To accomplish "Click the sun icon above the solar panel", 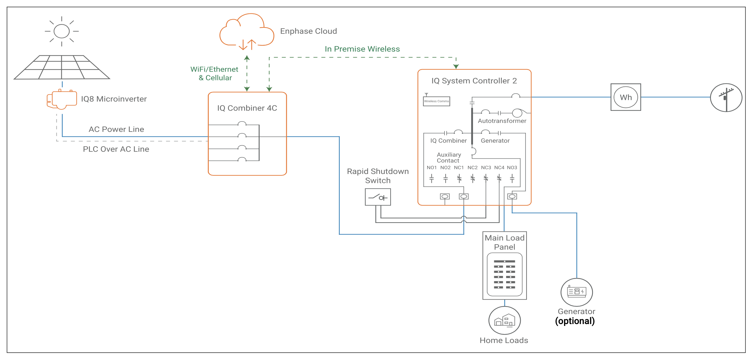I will point(62,31).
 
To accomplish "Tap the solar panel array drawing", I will point(62,67).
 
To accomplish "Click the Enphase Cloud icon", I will point(247,32).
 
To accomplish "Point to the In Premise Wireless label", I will point(362,49).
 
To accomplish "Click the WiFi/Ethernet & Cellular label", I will point(215,74).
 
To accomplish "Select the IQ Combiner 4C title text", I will point(247,108).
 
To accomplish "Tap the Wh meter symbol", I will point(626,97).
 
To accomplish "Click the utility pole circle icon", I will point(726,97).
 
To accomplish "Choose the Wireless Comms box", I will point(436,101).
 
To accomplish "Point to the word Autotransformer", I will point(502,121).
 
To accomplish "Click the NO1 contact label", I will point(431,168).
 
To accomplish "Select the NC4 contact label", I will point(499,168).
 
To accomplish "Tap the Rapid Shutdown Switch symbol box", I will point(378,197).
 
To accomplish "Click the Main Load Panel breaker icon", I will point(505,274).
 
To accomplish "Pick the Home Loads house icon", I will point(505,320).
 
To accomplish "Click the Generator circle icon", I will point(576,292).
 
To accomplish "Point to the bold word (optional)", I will point(575,321).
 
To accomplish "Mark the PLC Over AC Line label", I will point(116,149).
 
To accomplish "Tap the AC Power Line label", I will point(116,129).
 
